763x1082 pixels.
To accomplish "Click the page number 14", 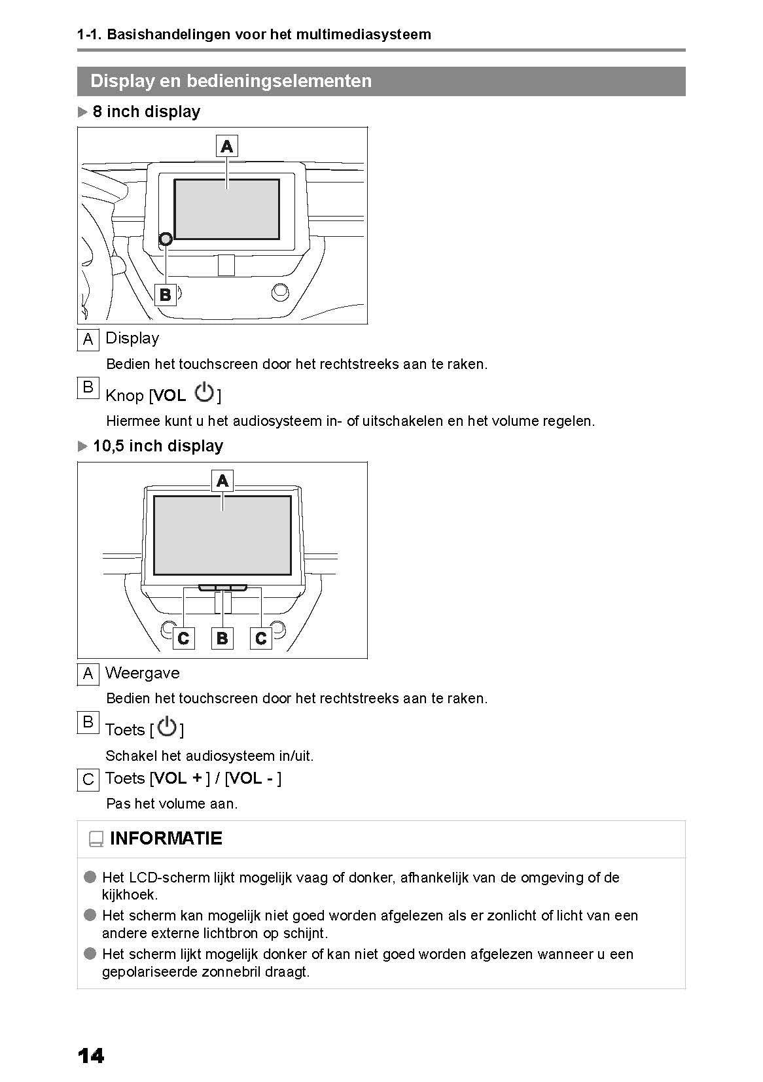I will pyautogui.click(x=90, y=1056).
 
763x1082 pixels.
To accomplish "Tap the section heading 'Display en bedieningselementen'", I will pyautogui.click(x=231, y=81).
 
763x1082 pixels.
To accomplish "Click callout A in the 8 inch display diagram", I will pyautogui.click(x=226, y=146).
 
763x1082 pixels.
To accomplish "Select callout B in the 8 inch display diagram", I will pyautogui.click(x=165, y=294).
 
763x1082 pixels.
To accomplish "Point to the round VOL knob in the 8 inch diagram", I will pyautogui.click(x=166, y=239).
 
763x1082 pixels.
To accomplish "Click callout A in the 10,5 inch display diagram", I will pyautogui.click(x=222, y=481).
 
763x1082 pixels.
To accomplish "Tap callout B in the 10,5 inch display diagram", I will pyautogui.click(x=222, y=638).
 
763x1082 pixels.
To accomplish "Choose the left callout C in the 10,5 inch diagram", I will pyautogui.click(x=183, y=638).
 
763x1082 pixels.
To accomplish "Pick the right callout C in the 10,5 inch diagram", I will pyautogui.click(x=261, y=638).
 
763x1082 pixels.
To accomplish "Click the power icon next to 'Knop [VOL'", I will pyautogui.click(x=205, y=393).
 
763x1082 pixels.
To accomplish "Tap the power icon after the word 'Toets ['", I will pyautogui.click(x=167, y=727).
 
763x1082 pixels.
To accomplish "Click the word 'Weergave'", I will pyautogui.click(x=142, y=673).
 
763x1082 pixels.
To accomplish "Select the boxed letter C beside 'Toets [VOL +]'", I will pyautogui.click(x=88, y=780).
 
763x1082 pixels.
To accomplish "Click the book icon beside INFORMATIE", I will pyautogui.click(x=96, y=839).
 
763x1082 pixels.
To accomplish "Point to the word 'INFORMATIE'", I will pyautogui.click(x=166, y=839).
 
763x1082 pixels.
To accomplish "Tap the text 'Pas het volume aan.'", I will pyautogui.click(x=171, y=804).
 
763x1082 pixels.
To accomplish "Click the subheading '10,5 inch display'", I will pyautogui.click(x=158, y=446).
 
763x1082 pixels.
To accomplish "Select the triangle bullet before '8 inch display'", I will pyautogui.click(x=82, y=112).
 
